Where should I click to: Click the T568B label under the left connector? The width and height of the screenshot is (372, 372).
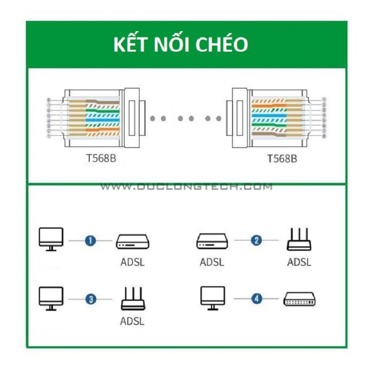pyautogui.click(x=101, y=158)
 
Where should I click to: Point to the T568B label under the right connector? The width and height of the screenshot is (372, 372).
pyautogui.click(x=282, y=158)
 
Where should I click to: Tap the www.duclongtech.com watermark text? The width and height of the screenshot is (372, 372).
pyautogui.click(x=186, y=187)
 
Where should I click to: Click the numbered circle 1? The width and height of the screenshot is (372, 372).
pyautogui.click(x=91, y=240)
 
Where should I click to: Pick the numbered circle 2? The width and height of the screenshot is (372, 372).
pyautogui.click(x=256, y=240)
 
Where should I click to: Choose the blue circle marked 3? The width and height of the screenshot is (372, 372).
pyautogui.click(x=91, y=299)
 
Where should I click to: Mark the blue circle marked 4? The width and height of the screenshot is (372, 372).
pyautogui.click(x=256, y=299)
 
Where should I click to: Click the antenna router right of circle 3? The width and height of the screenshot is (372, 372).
pyautogui.click(x=133, y=299)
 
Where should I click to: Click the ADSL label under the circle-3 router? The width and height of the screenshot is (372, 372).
pyautogui.click(x=133, y=321)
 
